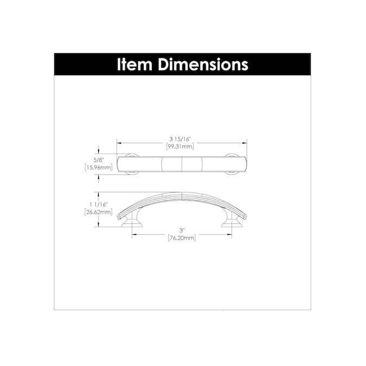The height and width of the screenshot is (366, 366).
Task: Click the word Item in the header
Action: [x=134, y=65]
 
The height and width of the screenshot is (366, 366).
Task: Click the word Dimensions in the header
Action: [x=203, y=65]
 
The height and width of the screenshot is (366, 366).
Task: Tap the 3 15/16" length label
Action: [x=180, y=139]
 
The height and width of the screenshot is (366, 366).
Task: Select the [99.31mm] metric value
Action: [x=180, y=146]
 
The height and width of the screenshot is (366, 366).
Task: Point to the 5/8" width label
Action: [x=98, y=160]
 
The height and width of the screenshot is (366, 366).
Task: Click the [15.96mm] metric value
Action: [x=98, y=168]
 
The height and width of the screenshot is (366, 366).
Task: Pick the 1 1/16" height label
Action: [x=99, y=205]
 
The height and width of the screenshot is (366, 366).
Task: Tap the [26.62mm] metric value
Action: [x=98, y=212]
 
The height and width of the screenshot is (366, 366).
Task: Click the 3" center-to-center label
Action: [x=182, y=230]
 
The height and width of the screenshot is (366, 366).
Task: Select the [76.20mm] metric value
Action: [x=182, y=238]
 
